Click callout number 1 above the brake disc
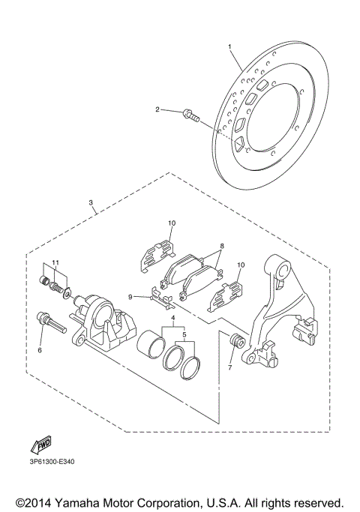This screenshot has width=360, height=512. tap(229, 46)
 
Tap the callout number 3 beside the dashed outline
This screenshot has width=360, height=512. tap(91, 202)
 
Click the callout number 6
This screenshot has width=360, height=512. tap(40, 350)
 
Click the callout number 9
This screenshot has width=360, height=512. tap(130, 297)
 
